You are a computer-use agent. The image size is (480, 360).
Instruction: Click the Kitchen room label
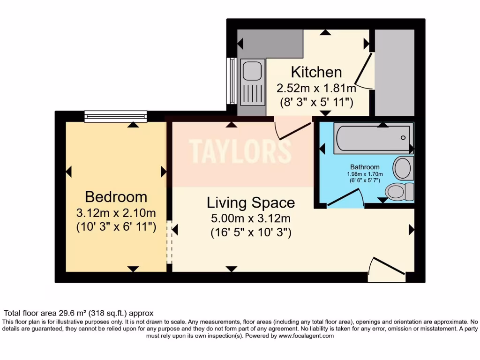click(x=316, y=72)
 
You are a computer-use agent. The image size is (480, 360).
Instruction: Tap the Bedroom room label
click(x=116, y=197)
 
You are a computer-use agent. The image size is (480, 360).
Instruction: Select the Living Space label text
click(x=251, y=203)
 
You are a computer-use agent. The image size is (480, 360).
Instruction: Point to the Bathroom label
click(x=365, y=167)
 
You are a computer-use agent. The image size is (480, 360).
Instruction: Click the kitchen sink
click(x=252, y=70)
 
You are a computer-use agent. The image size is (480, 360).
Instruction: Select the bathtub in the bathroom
click(x=373, y=138)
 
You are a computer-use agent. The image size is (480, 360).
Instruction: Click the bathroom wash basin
click(x=403, y=168)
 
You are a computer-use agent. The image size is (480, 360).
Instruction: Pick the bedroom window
click(x=116, y=116)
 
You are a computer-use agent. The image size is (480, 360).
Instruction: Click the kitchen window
click(x=231, y=81)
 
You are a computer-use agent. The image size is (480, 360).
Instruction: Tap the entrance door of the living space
click(x=387, y=270)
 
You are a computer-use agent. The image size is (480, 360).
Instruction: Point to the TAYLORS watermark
click(x=240, y=151)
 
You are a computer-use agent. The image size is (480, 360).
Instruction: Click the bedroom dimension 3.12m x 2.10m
click(x=116, y=213)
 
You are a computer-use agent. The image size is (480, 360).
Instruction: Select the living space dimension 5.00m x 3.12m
click(x=251, y=218)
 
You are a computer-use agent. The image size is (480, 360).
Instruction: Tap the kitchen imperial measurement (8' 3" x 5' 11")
click(x=316, y=101)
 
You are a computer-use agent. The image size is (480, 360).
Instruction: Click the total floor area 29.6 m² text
click(x=78, y=313)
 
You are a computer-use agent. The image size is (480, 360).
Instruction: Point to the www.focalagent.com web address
click(x=306, y=336)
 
